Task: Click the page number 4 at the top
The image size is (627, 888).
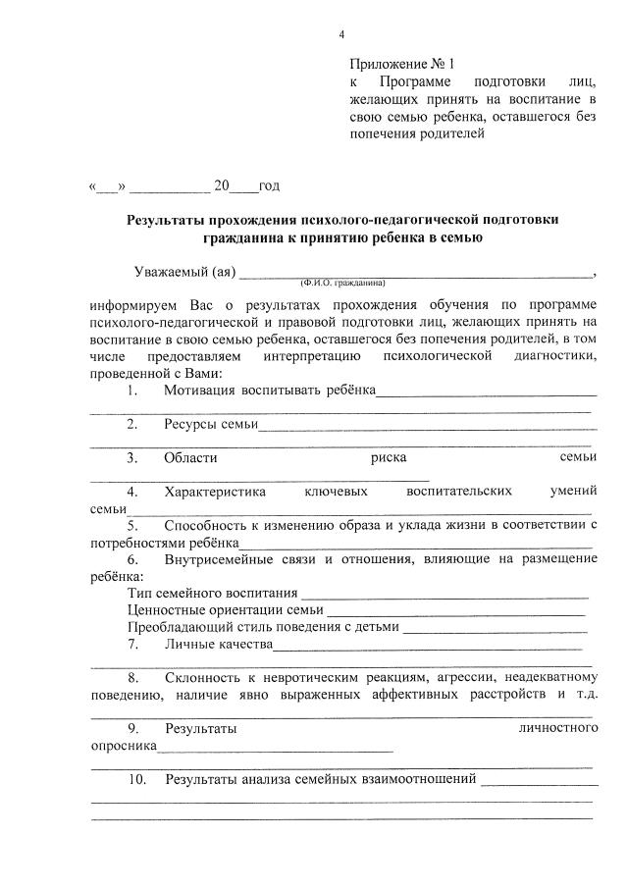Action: pyautogui.click(x=341, y=35)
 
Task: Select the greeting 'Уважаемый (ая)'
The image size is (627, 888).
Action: pyautogui.click(x=183, y=272)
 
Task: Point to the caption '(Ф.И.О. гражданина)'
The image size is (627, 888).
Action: pyautogui.click(x=344, y=282)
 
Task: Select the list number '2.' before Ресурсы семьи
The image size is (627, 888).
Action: pyautogui.click(x=132, y=424)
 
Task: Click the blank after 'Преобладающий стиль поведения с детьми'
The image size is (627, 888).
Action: pyautogui.click(x=495, y=628)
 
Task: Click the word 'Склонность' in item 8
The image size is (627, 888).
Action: pyautogui.click(x=202, y=678)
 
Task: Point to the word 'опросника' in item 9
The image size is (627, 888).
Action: pyautogui.click(x=123, y=746)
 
